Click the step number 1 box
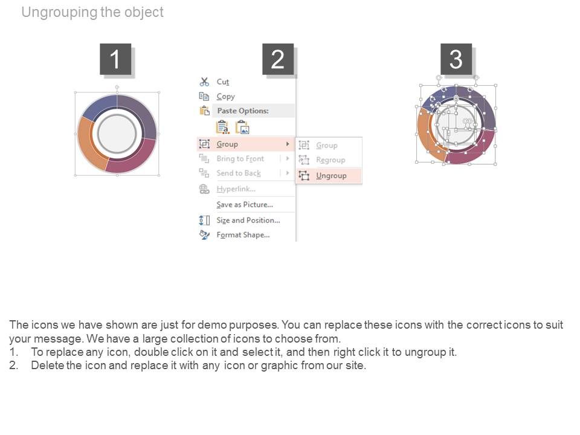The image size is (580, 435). (115, 59)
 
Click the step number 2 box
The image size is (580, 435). (278, 59)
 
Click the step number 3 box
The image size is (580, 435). (456, 59)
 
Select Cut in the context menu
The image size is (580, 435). (223, 82)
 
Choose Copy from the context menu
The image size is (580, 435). (225, 97)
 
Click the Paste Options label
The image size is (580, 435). (243, 111)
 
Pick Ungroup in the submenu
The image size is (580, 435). (331, 176)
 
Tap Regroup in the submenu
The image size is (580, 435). (330, 159)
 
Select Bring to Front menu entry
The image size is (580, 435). (240, 159)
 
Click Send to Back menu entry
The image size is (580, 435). (239, 173)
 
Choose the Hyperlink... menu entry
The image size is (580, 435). (236, 189)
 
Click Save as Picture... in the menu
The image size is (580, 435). (245, 205)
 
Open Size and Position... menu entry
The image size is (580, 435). (248, 221)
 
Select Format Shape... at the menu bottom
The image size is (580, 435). (243, 235)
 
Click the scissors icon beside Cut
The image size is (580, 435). (204, 82)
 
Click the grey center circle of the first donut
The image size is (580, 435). (117, 134)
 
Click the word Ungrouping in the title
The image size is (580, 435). (60, 13)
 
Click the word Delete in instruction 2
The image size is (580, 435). (47, 366)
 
